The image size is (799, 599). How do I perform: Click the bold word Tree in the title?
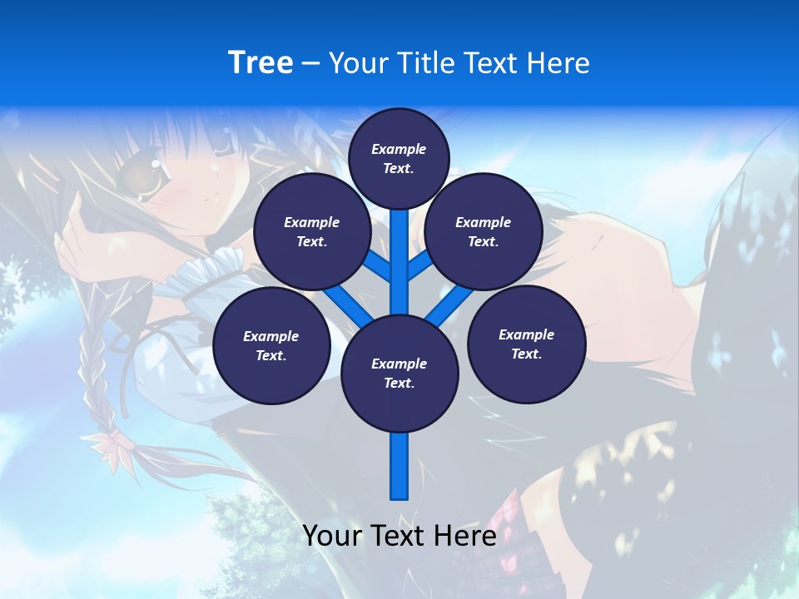click(x=261, y=62)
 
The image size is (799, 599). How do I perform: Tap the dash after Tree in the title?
click(x=310, y=64)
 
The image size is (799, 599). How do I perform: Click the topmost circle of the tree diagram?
click(x=399, y=158)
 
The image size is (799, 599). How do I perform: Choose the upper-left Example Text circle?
click(x=311, y=231)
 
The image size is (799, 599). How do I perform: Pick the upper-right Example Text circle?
click(x=483, y=231)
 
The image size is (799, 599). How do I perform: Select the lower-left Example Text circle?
click(x=271, y=346)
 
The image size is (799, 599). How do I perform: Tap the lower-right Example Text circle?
click(x=526, y=344)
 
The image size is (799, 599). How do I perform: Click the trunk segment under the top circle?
click(x=399, y=258)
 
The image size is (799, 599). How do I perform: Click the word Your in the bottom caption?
click(x=332, y=536)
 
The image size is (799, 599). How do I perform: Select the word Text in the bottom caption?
click(x=398, y=536)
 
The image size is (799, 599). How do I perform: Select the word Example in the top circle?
click(x=399, y=149)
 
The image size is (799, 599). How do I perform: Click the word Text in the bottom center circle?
click(x=399, y=383)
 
